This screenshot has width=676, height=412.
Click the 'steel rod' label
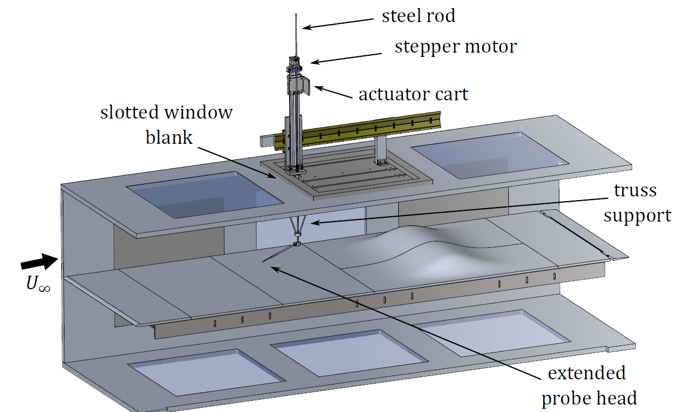click(x=418, y=16)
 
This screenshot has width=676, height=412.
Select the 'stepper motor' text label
click(x=455, y=47)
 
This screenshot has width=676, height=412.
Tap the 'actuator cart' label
click(x=413, y=95)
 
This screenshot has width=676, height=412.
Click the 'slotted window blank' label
click(x=167, y=124)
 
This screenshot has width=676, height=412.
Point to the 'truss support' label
click(x=637, y=203)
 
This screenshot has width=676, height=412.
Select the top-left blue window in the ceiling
click(x=204, y=194)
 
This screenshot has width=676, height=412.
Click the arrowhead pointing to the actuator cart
click(x=318, y=87)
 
